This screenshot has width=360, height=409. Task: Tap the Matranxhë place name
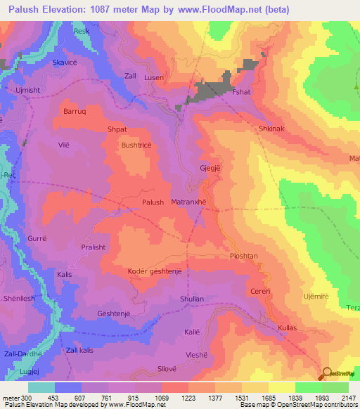tap(188, 202)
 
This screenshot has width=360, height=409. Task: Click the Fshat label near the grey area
tap(242, 92)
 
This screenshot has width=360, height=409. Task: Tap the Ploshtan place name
tap(245, 257)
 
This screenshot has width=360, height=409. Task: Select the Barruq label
tap(75, 111)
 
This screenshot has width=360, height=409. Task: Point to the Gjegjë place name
tap(212, 169)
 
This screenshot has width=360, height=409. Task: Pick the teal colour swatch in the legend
tap(41, 387)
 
